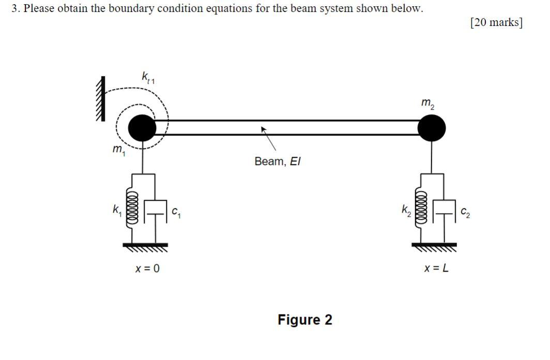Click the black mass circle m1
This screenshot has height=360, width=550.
(x=142, y=128)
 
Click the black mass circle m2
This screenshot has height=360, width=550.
(x=431, y=128)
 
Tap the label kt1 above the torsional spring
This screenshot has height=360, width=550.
(x=148, y=78)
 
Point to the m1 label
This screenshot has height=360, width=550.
(x=118, y=149)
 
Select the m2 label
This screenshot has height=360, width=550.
(x=428, y=104)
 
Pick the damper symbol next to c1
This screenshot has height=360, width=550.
(x=155, y=211)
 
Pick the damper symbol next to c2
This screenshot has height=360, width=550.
(x=444, y=211)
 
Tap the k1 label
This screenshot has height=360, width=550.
(x=117, y=210)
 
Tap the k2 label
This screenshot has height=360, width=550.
(x=406, y=210)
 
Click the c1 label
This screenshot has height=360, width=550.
(x=176, y=211)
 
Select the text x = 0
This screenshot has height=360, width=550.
(x=147, y=268)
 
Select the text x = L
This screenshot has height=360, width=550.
(x=436, y=268)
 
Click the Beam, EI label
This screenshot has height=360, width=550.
(x=277, y=161)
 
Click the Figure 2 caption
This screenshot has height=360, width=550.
(x=305, y=320)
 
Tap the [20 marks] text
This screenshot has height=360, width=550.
(x=496, y=22)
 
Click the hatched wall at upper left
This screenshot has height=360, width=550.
(x=100, y=98)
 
